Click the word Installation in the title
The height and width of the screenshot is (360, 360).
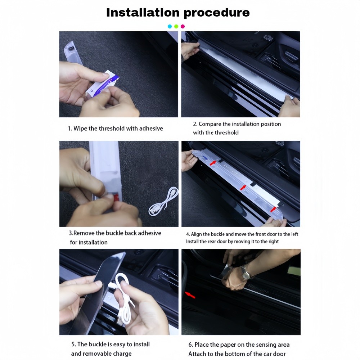[143, 12]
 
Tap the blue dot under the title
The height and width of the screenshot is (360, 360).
[170, 26]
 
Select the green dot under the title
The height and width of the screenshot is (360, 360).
[176, 26]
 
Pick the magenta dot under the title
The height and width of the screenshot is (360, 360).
[183, 26]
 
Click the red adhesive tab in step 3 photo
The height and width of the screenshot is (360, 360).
[116, 197]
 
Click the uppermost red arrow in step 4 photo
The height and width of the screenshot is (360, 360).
[213, 163]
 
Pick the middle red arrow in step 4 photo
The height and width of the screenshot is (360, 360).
[243, 188]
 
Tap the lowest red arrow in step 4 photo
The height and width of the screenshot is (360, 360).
[273, 210]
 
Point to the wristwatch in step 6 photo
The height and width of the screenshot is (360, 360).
[245, 273]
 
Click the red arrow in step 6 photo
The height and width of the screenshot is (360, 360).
[190, 295]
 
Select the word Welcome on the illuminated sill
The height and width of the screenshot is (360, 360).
[258, 288]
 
